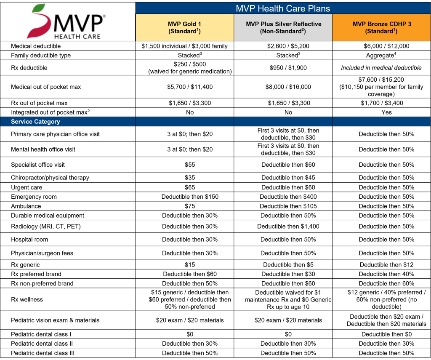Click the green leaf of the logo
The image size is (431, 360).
tap(39, 8)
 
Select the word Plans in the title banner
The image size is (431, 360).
tap(317, 8)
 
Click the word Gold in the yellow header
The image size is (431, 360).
tap(190, 24)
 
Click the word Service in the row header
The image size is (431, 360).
tap(21, 122)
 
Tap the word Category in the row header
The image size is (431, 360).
tap(47, 122)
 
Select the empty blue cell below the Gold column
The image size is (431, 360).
tap(184, 122)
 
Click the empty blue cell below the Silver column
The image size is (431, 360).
tap(283, 122)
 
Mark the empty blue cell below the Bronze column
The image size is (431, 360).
tap(381, 122)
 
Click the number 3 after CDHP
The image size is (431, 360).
tap(410, 24)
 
